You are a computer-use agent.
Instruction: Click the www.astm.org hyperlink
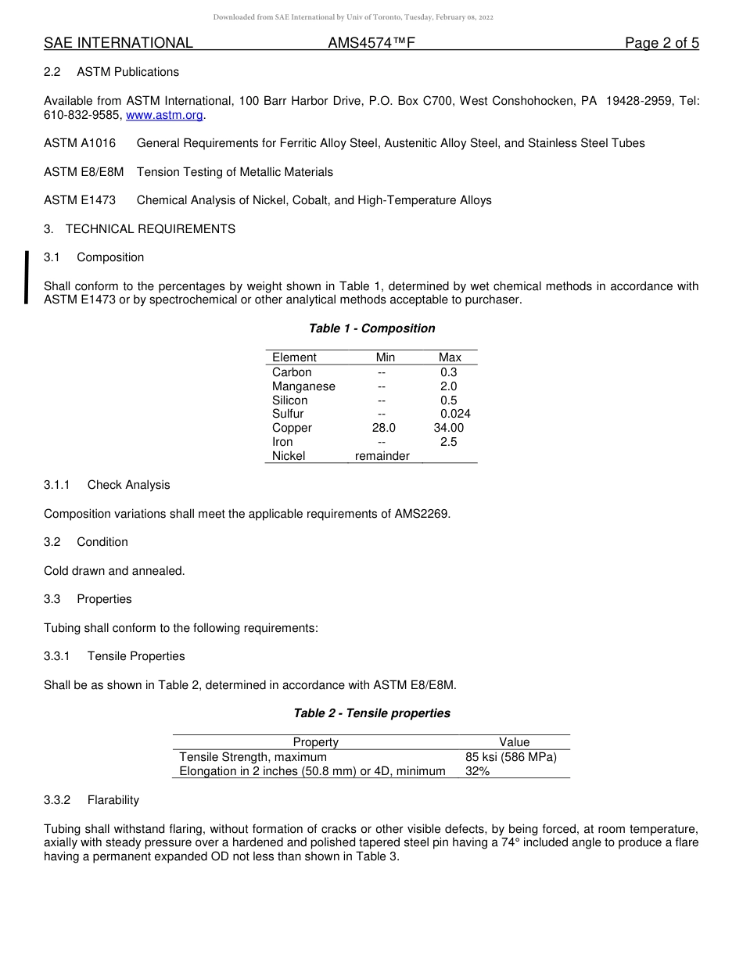pyautogui.click(x=164, y=115)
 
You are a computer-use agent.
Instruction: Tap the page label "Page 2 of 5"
pyautogui.click(x=662, y=43)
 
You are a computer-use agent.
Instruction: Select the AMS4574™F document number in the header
pyautogui.click(x=371, y=43)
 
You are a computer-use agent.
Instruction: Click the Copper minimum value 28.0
pyautogui.click(x=383, y=428)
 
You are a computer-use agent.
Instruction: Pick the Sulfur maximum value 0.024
pyautogui.click(x=455, y=414)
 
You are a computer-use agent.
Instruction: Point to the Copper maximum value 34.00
pyautogui.click(x=449, y=428)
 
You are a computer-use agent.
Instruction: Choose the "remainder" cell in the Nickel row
pyautogui.click(x=382, y=456)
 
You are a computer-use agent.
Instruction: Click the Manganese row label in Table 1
pyautogui.click(x=303, y=386)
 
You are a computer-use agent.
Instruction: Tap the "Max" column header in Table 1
pyautogui.click(x=450, y=357)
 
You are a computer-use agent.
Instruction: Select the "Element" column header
pyautogui.click(x=294, y=357)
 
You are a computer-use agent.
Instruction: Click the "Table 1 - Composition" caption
pyautogui.click(x=371, y=328)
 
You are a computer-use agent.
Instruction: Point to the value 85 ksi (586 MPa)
pyautogui.click(x=511, y=757)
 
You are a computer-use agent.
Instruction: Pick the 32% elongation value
pyautogui.click(x=477, y=771)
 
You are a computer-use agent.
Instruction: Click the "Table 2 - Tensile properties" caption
pyautogui.click(x=371, y=713)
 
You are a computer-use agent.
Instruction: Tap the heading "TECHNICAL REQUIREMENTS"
pyautogui.click(x=150, y=229)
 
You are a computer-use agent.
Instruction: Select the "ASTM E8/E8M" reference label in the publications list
pyautogui.click(x=84, y=172)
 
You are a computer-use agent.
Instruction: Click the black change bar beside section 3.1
pyautogui.click(x=27, y=277)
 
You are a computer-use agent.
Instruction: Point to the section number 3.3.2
pyautogui.click(x=57, y=800)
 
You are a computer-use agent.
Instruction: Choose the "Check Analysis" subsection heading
pyautogui.click(x=128, y=485)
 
